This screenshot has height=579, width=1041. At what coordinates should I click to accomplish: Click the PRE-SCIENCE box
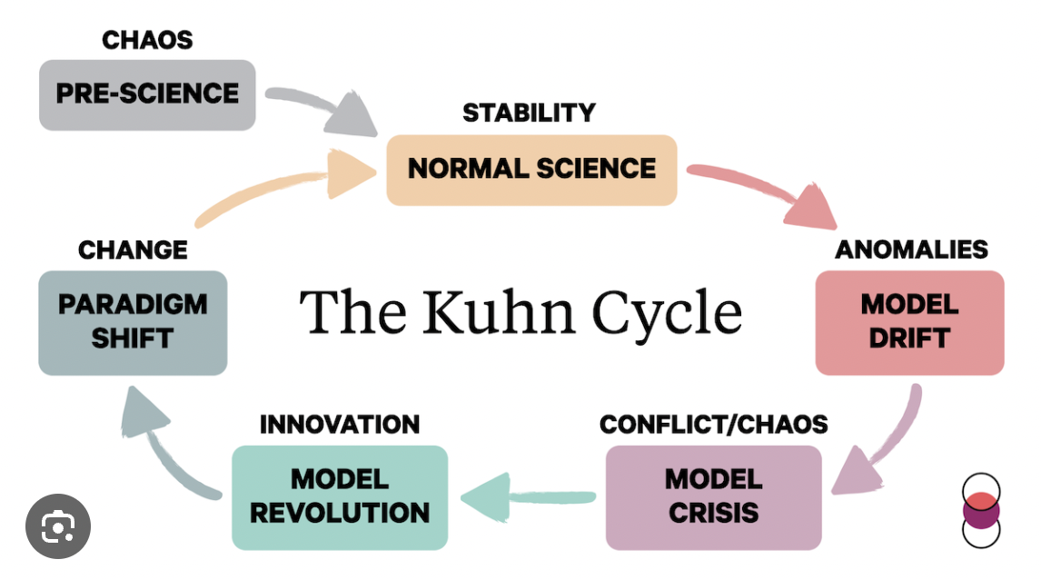pos(147,94)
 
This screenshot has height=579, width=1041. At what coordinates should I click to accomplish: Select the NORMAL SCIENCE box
pos(531,170)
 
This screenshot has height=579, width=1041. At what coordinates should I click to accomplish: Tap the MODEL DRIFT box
pos(909,322)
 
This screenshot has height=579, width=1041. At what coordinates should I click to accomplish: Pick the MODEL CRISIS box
pos(713,497)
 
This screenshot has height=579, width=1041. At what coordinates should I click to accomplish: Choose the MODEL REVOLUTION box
pos(340,497)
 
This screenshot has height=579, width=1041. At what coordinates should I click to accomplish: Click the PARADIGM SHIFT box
pos(133,322)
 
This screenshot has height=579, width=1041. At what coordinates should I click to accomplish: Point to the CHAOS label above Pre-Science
pos(147,40)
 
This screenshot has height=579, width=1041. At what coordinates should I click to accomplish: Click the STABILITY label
pos(529,113)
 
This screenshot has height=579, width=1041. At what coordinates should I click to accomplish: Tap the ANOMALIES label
pos(911,250)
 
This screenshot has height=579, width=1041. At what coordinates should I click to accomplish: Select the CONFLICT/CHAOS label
pos(714,424)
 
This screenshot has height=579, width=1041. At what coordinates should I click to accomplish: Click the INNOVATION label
pos(340,424)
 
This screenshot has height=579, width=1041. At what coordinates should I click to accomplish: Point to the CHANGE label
pos(133,250)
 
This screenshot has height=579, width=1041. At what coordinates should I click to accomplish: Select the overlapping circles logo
pos(980,511)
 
